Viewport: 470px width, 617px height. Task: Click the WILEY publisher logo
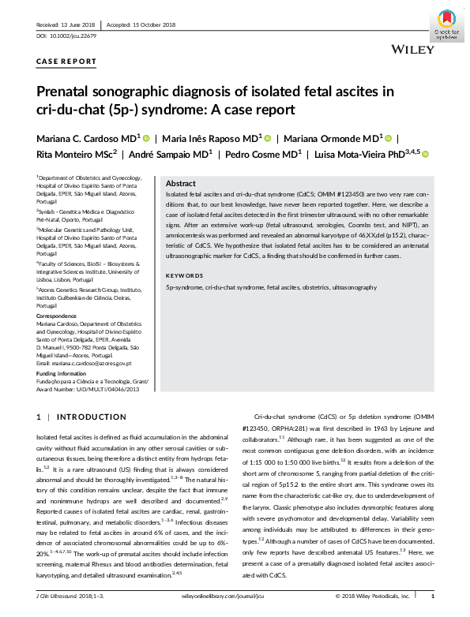click(x=412, y=50)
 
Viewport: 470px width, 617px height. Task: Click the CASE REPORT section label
click(x=66, y=61)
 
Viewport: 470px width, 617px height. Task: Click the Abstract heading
click(x=181, y=182)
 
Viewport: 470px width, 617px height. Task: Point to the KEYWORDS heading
click(x=184, y=275)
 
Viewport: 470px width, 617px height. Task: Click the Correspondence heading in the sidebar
click(x=57, y=315)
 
